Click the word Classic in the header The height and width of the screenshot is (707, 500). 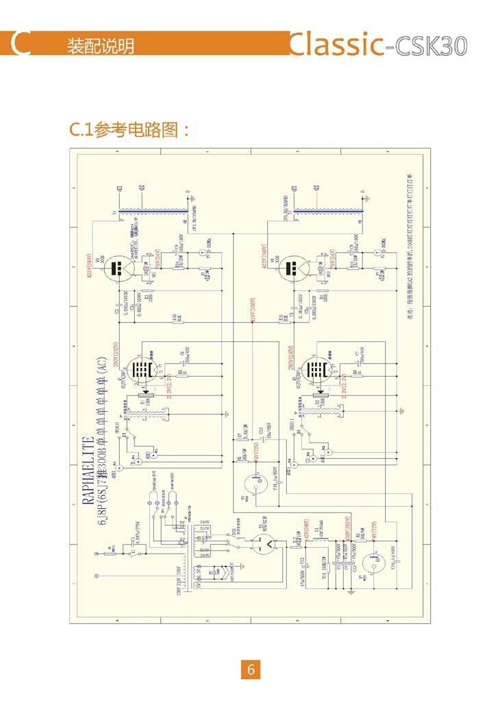click(335, 44)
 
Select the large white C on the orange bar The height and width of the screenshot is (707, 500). click(21, 44)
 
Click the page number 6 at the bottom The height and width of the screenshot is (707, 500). click(250, 670)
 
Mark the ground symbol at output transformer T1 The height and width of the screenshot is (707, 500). click(195, 198)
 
